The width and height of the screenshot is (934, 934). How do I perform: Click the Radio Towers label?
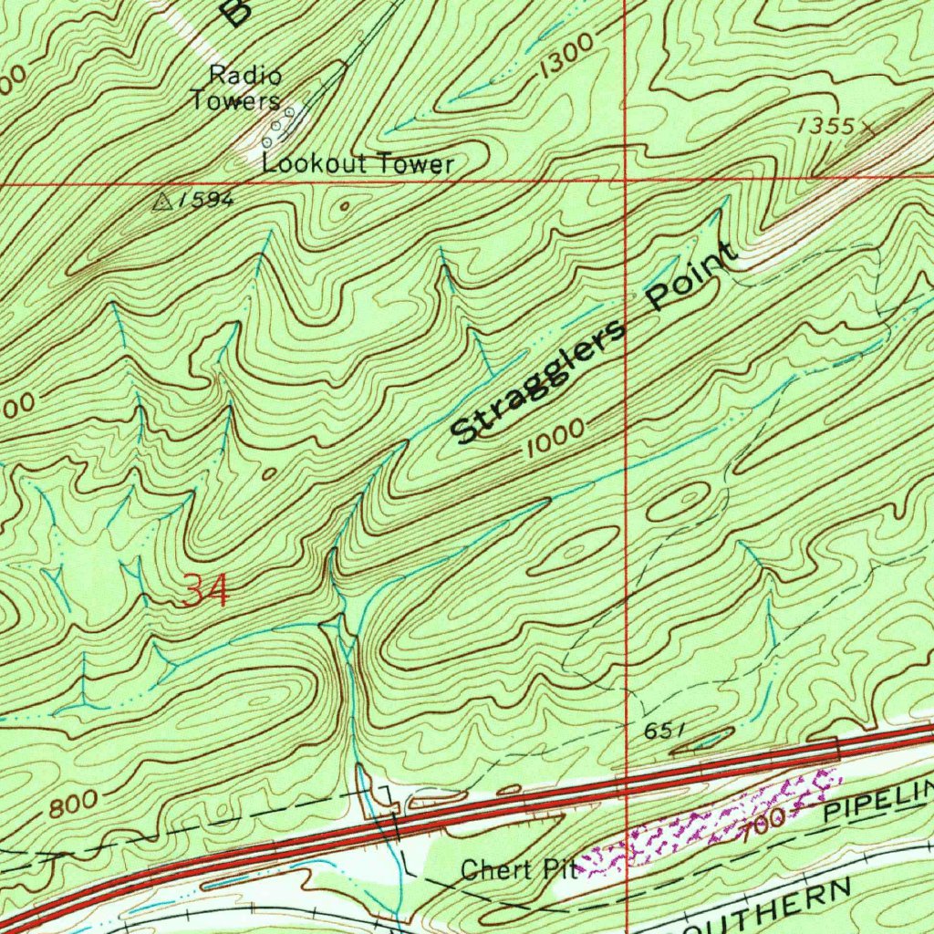[x=235, y=88]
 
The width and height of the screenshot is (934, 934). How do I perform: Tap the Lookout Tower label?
[x=358, y=164]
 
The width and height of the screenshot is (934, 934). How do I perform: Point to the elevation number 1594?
[x=206, y=201]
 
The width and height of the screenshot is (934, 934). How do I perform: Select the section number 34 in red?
[x=206, y=592]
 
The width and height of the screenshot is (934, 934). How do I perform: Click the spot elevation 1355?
[x=822, y=128]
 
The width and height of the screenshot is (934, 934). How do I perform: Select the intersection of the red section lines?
[x=625, y=181]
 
